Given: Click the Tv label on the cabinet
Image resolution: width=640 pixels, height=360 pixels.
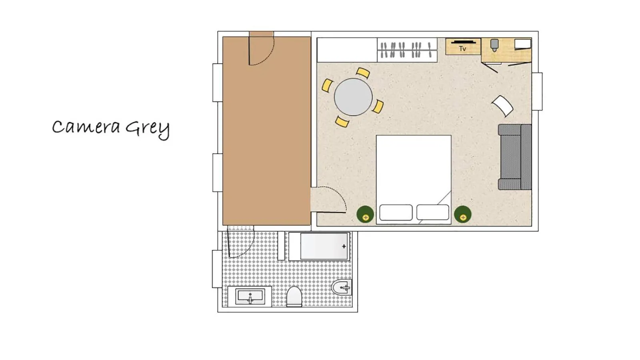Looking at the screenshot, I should point(462,48).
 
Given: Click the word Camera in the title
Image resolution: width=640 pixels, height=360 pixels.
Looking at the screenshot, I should point(86,127).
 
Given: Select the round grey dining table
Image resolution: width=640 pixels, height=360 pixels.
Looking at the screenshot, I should point(353,97).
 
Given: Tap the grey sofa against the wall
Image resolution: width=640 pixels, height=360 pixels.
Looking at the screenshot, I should point(514,157).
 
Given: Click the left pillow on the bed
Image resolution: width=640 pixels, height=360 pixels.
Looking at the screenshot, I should point(396,212).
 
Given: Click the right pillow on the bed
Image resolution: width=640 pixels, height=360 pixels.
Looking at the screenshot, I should point(432,212).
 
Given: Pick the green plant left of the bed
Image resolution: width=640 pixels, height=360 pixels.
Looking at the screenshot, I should point(365,214).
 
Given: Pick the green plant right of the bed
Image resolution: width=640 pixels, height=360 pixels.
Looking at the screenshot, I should point(462,214).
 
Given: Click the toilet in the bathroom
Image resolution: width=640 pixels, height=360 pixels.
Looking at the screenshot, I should point(294,297).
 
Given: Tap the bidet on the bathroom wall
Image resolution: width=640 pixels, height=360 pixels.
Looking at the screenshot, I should point(342,287).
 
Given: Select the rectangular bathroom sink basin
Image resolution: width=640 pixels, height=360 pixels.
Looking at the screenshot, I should point(250,296).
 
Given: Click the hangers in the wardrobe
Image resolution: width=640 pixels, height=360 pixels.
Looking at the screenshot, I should point(407,50).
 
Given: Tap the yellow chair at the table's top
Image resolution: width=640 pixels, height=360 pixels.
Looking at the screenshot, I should point(363,73).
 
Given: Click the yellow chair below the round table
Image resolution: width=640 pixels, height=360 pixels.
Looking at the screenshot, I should point(342,122).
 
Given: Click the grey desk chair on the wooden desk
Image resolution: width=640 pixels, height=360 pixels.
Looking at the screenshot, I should point(494,45).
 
